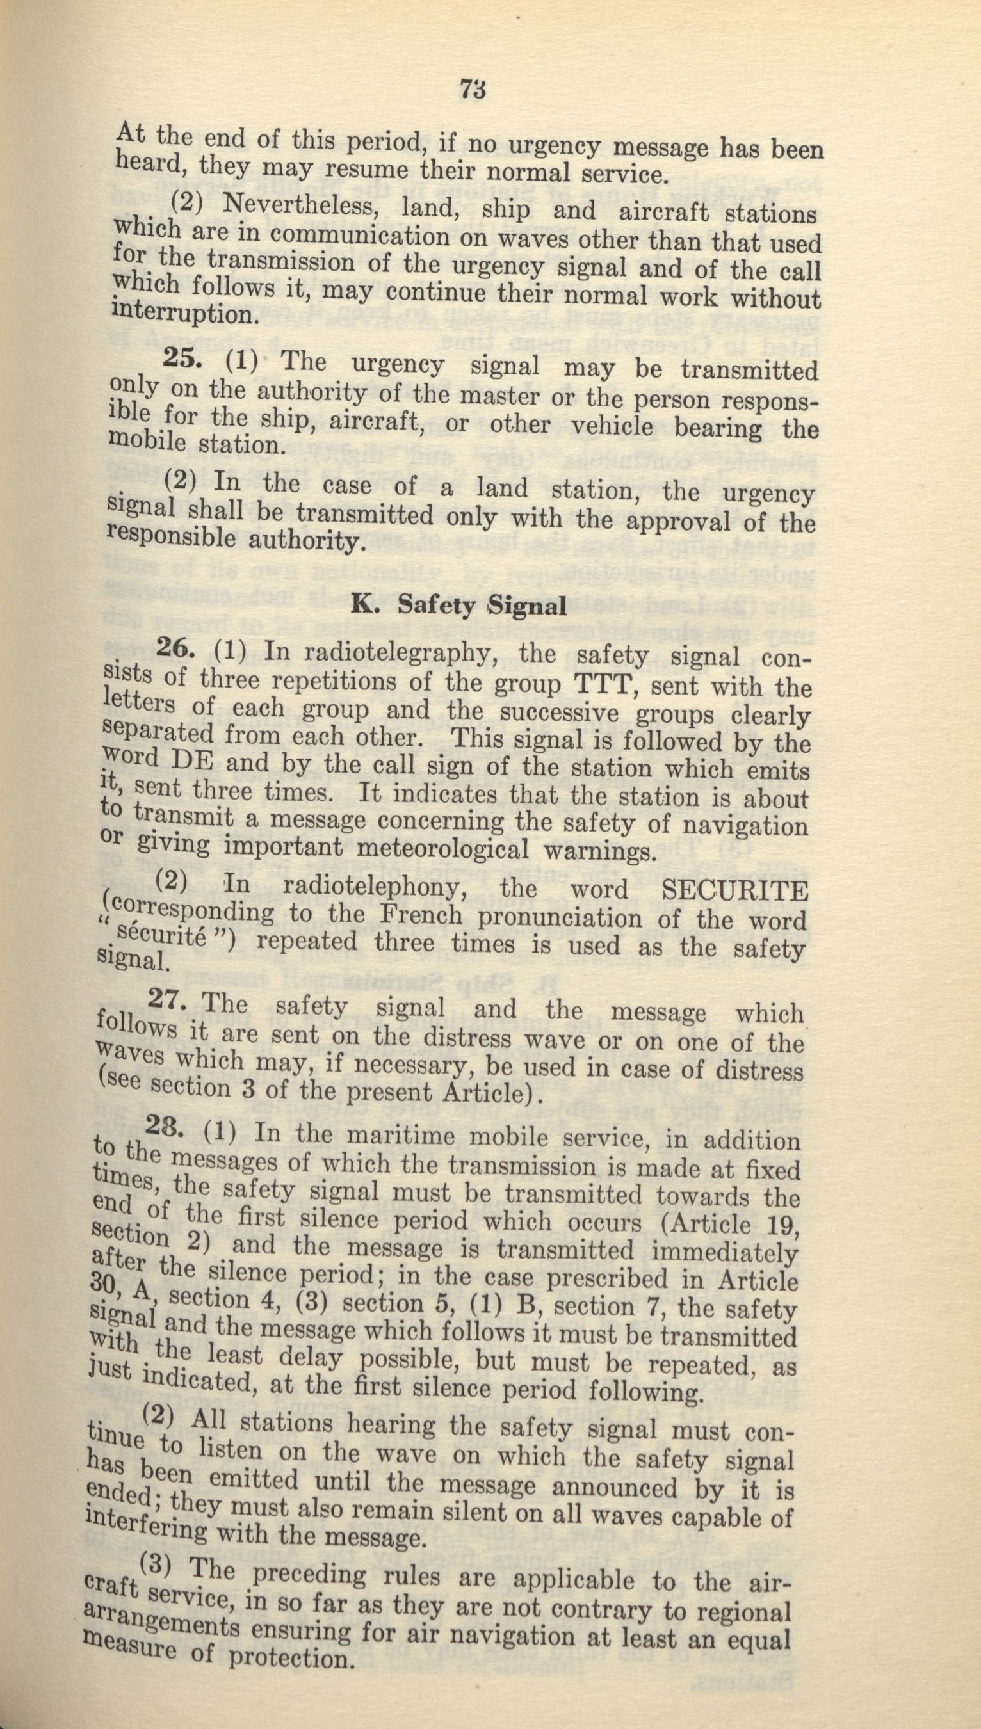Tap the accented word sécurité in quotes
tap(158, 942)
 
